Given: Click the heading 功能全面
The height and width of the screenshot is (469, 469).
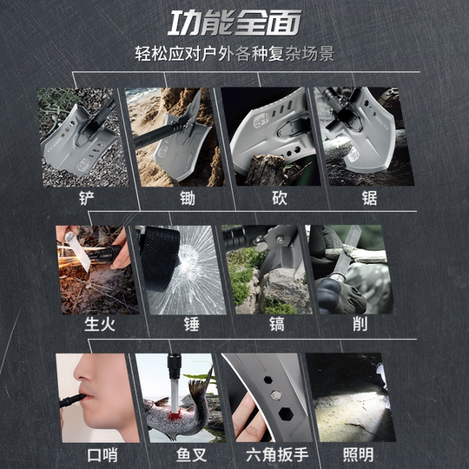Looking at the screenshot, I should pyautogui.click(x=234, y=21).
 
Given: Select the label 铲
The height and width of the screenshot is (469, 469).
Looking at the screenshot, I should pyautogui.click(x=84, y=198).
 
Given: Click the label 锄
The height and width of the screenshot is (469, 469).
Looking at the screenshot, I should pyautogui.click(x=188, y=198).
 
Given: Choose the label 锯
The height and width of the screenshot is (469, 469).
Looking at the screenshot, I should pyautogui.click(x=370, y=198).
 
